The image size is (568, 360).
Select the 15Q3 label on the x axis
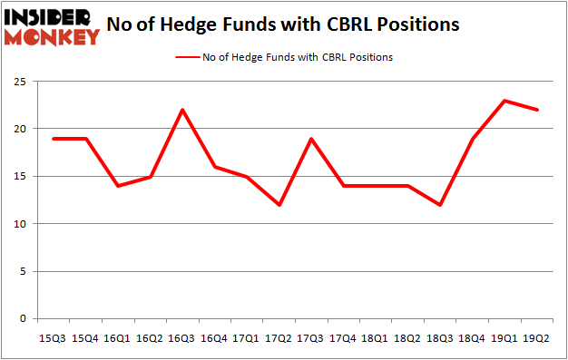[x=53, y=337]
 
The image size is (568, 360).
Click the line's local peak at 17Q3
[x=312, y=139]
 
